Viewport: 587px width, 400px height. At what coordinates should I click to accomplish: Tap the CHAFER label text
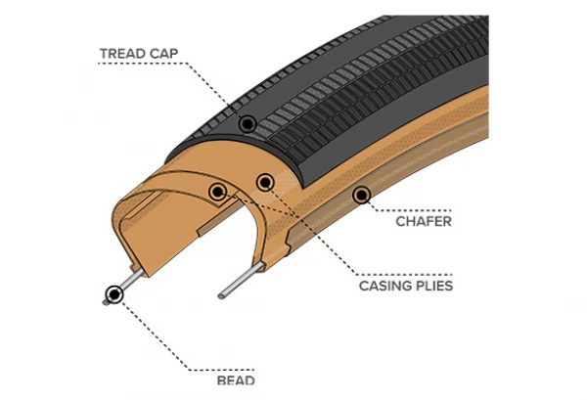(x=423, y=222)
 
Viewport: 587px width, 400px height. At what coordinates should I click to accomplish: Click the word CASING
(x=386, y=287)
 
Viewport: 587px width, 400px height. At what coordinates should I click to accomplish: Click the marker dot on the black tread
(x=248, y=123)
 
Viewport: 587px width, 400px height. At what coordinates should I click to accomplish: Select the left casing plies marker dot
(x=216, y=191)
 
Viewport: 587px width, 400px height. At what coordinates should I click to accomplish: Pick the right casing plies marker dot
(x=262, y=182)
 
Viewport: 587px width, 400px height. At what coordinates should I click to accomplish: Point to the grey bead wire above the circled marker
(x=132, y=275)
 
